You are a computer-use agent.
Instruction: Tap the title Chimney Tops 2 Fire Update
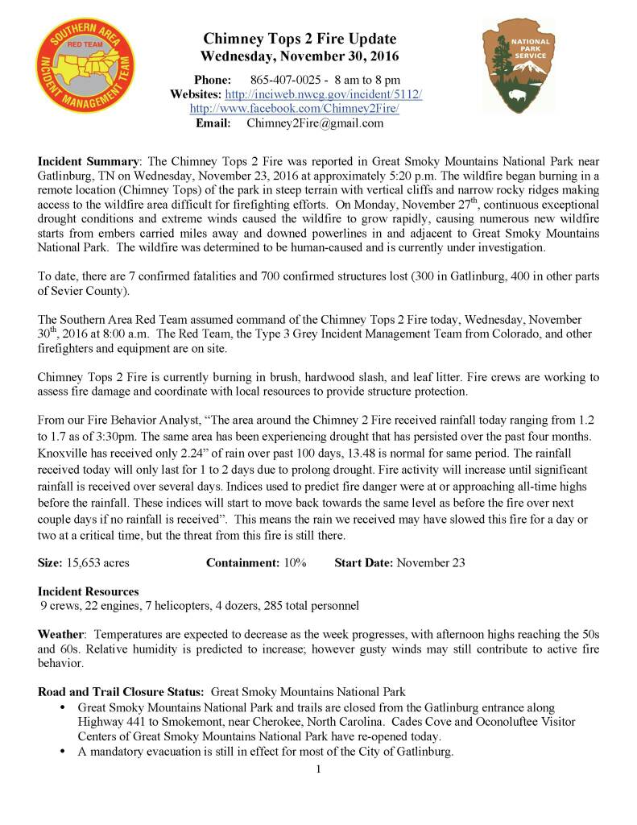(300, 39)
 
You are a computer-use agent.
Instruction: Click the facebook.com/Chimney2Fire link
(294, 109)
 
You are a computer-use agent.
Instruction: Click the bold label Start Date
(363, 562)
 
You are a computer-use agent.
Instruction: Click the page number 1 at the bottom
(318, 768)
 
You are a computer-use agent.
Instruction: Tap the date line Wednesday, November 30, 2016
(300, 56)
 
